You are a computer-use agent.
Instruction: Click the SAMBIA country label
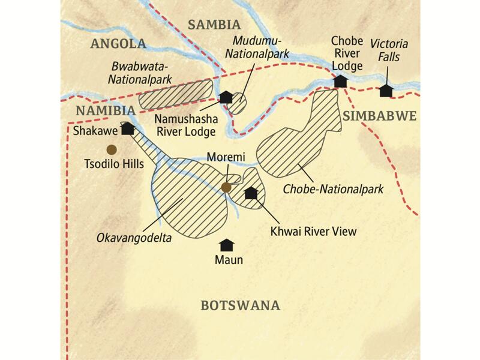tap(214, 25)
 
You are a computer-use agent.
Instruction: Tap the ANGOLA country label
tap(118, 44)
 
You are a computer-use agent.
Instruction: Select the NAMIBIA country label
tap(105, 111)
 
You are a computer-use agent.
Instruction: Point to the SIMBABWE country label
tap(379, 116)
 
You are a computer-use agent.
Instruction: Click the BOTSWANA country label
tap(240, 305)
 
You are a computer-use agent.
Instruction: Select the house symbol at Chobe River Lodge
tap(340, 80)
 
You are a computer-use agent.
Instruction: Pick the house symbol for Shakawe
tap(127, 128)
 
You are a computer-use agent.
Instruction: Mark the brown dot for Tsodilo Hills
tap(111, 149)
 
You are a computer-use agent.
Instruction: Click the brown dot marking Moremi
tap(226, 188)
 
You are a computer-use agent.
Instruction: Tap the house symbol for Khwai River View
tap(251, 193)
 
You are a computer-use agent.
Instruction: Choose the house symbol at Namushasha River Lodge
tap(226, 97)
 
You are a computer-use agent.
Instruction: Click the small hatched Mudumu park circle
tap(239, 103)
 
